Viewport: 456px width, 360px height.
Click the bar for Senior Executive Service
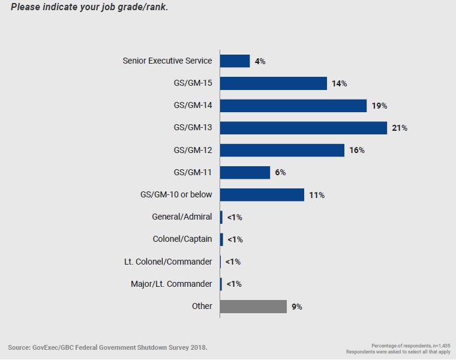tap(235, 61)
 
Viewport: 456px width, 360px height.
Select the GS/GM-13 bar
tap(303, 128)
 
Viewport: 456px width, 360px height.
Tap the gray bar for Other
tap(253, 306)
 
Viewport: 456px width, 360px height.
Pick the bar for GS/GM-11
tap(245, 172)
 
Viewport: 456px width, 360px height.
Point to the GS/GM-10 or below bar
tap(262, 194)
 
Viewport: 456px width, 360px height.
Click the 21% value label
tap(400, 128)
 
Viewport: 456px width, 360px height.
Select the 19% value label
tap(379, 106)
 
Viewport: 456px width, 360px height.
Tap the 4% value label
tap(260, 61)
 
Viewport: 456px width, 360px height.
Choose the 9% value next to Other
tap(296, 307)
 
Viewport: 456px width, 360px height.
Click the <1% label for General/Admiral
tap(235, 217)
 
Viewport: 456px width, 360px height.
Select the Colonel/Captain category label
tap(182, 239)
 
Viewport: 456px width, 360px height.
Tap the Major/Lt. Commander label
tap(172, 284)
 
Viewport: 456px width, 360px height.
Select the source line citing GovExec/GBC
tap(108, 347)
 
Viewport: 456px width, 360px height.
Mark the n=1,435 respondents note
tap(411, 345)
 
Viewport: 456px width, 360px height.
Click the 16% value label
tap(357, 151)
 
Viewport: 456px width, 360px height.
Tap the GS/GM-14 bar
tap(293, 106)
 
